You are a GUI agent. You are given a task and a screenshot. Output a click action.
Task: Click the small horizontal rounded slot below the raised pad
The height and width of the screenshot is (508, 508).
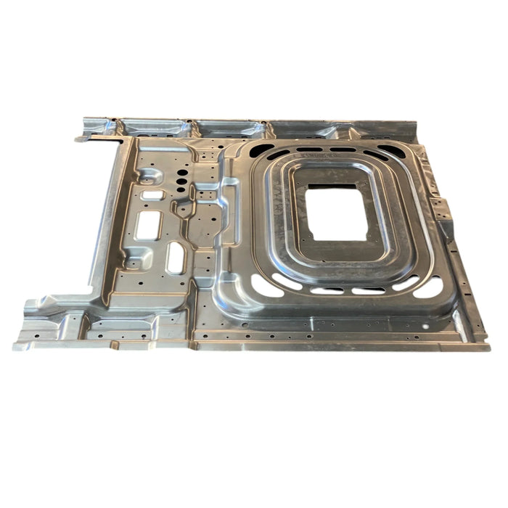151,194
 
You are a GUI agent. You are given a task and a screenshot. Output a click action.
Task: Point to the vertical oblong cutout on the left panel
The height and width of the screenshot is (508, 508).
176,258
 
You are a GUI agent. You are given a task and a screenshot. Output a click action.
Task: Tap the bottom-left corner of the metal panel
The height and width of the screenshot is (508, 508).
15,347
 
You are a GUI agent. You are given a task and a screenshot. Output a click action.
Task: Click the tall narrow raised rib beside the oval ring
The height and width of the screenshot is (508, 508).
229,214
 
